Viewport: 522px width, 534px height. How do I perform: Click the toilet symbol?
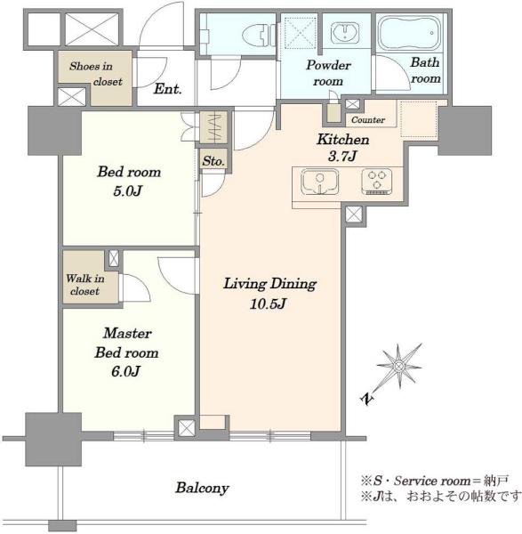coord(259,35)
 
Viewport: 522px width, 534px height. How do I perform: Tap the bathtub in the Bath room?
coord(410,34)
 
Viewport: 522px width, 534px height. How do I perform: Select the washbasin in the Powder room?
coord(345,33)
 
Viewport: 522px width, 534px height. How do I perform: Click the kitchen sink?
coord(320,182)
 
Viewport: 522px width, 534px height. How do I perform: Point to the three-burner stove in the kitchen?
coord(377,182)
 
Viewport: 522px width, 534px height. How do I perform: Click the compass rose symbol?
coord(398,367)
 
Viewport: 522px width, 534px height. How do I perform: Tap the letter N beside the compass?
coord(367,399)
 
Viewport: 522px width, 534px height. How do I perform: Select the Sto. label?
coord(213,161)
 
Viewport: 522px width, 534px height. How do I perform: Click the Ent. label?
coord(167,89)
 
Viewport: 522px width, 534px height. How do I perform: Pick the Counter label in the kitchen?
coord(368,120)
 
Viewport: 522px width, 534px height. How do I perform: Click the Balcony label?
coord(202,488)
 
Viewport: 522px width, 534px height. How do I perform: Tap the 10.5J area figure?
coord(268,303)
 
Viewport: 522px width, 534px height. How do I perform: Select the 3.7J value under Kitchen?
coord(342,156)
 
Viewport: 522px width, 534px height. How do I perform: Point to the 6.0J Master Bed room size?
coord(125,371)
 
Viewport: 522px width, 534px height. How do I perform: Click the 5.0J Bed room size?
coord(127,190)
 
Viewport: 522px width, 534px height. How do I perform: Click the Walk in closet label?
coord(85,285)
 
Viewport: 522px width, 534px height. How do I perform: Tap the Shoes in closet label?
coord(95,74)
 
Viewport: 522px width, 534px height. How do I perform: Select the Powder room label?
coord(328,73)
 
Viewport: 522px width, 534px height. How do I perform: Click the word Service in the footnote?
coord(415,481)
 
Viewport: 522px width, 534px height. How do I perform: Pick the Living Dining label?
coord(269,284)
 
